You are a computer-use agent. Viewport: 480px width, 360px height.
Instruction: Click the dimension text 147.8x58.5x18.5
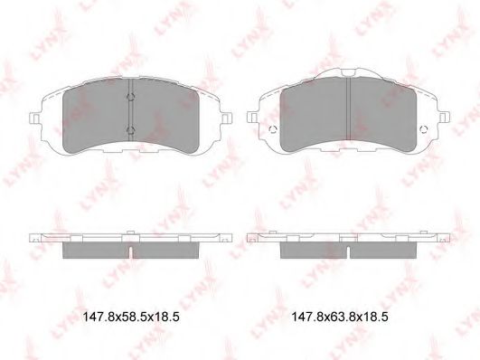click(131, 317)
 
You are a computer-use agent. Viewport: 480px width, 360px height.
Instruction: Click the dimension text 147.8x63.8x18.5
click(340, 317)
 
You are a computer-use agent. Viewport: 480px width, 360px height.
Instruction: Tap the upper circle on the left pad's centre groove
click(131, 97)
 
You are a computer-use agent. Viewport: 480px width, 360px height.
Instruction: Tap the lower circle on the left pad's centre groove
click(131, 130)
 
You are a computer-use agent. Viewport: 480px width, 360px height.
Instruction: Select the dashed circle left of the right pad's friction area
click(273, 129)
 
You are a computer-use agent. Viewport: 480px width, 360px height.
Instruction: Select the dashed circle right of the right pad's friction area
click(424, 129)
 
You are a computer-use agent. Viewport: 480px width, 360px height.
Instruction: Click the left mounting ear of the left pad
click(34, 118)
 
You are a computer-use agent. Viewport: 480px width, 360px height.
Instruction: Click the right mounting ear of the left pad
click(226, 118)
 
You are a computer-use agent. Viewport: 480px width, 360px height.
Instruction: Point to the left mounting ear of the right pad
click(253, 118)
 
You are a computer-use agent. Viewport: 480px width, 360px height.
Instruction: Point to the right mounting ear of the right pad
click(444, 118)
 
